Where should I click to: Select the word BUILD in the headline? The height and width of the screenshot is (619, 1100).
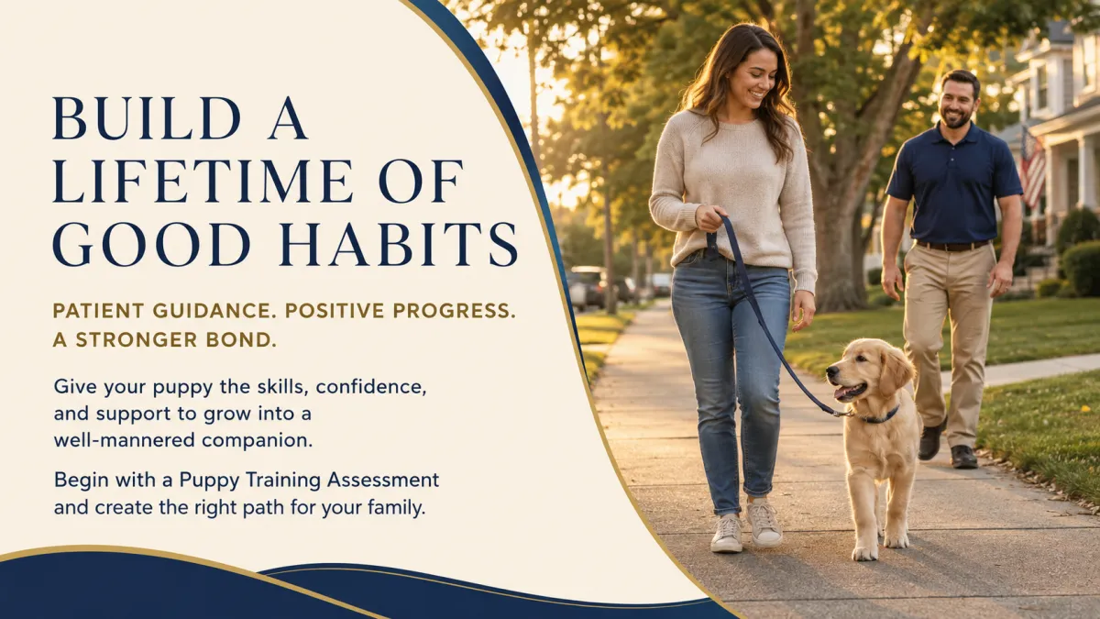pyautogui.click(x=147, y=118)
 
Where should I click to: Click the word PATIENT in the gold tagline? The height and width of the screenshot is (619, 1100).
pyautogui.click(x=98, y=311)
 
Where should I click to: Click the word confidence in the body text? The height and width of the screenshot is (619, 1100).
pyautogui.click(x=370, y=387)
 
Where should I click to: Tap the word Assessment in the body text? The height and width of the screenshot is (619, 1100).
pyautogui.click(x=383, y=480)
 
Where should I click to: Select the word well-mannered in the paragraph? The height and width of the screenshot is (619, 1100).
pyautogui.click(x=125, y=440)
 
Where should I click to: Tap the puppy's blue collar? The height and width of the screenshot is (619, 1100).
pyautogui.click(x=881, y=416)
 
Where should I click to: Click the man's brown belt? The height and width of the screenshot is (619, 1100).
pyautogui.click(x=951, y=245)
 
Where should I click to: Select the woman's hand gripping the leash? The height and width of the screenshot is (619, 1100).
pyautogui.click(x=711, y=218)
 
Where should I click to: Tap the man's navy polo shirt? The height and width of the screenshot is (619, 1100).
pyautogui.click(x=953, y=184)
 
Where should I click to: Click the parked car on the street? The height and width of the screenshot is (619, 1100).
pyautogui.click(x=588, y=287)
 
